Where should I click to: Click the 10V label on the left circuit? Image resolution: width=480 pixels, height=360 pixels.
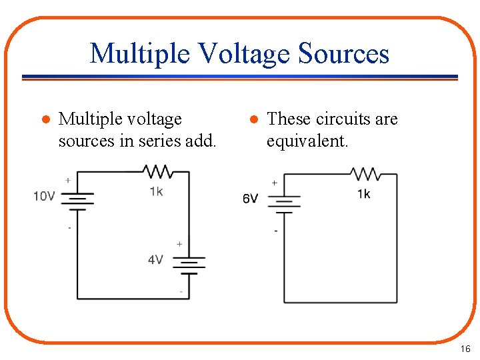[45, 196]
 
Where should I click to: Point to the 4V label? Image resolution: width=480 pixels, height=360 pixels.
[155, 259]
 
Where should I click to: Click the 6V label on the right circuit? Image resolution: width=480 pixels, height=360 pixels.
[250, 199]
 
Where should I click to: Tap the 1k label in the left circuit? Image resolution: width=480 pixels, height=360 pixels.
[156, 191]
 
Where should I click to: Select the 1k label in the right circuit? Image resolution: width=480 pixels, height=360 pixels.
[364, 194]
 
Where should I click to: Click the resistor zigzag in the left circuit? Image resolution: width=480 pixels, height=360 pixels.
[159, 172]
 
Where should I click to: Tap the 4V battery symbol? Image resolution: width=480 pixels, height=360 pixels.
[189, 265]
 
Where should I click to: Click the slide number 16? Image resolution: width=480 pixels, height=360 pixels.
[465, 349]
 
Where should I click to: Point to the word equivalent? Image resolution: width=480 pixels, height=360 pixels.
[307, 141]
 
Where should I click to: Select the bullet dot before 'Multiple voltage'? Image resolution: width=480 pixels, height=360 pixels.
[45, 120]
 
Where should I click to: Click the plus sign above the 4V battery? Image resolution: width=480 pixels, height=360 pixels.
[179, 245]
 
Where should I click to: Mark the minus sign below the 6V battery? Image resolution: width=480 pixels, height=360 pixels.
[276, 231]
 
